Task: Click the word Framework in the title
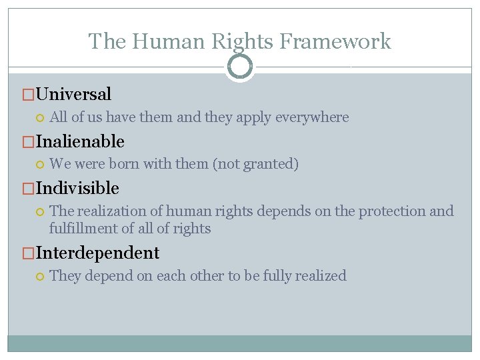coord(335,41)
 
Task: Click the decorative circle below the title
coord(240,67)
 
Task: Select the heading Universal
coord(74,95)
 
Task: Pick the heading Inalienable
coord(81,141)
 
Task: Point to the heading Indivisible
coord(78,188)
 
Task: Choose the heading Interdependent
coord(98,253)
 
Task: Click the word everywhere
coord(311,117)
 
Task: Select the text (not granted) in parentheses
coord(255,164)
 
